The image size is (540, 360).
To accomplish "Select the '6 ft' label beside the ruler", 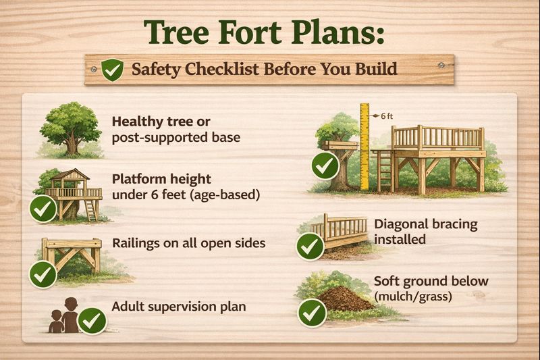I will tap(386, 115).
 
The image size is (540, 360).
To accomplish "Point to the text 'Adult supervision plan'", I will tap(178, 307).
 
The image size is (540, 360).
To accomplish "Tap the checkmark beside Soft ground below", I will tap(313, 313).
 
